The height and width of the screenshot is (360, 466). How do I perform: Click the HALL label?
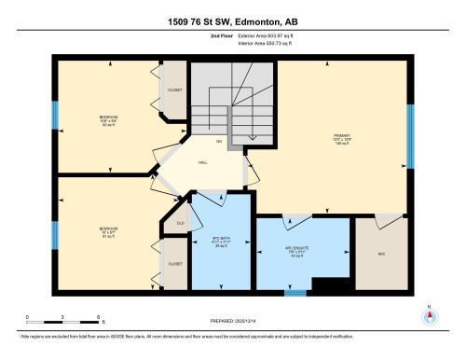(202, 161)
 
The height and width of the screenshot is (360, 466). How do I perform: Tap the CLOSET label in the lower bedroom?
(174, 264)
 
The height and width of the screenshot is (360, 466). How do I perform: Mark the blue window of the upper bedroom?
(55, 118)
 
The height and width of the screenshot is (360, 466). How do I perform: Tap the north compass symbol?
(428, 316)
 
